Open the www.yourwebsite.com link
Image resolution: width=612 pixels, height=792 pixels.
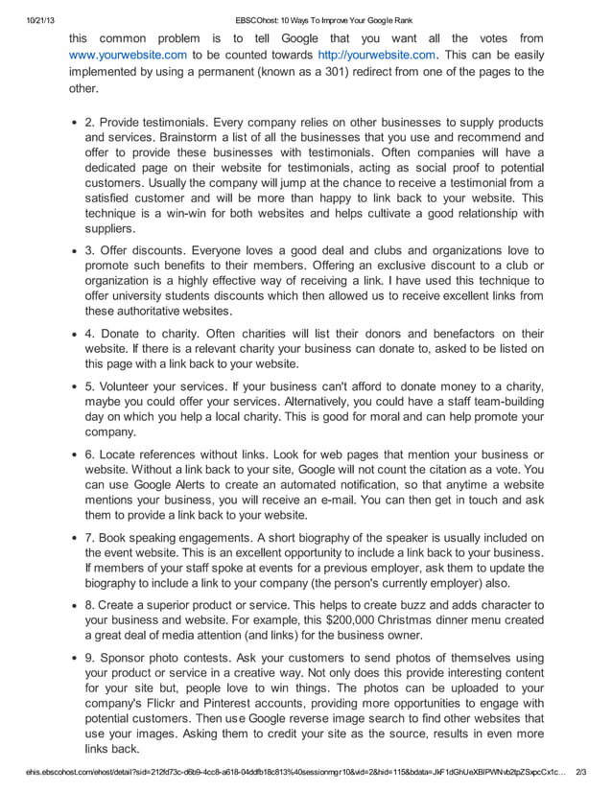pyautogui.click(x=128, y=55)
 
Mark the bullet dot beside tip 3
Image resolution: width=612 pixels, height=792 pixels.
pyautogui.click(x=75, y=251)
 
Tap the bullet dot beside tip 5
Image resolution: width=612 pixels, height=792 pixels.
pyautogui.click(x=75, y=387)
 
